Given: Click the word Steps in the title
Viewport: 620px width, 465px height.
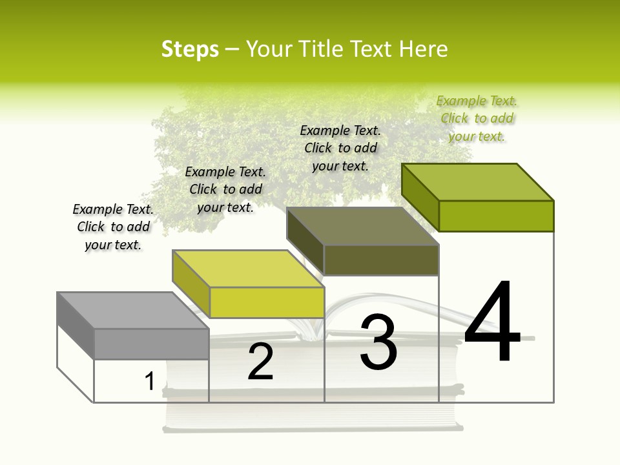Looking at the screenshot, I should pyautogui.click(x=190, y=49).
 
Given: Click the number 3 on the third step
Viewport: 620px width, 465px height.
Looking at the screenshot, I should pyautogui.click(x=378, y=343).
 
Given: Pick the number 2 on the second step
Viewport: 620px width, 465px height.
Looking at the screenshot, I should pyautogui.click(x=260, y=362).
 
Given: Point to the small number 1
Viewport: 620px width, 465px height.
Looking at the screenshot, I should pyautogui.click(x=149, y=382).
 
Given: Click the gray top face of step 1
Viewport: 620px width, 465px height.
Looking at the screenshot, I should pyautogui.click(x=133, y=310).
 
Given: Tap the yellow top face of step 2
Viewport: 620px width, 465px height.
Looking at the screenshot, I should pyautogui.click(x=248, y=269).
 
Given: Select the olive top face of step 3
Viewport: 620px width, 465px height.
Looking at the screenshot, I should pyautogui.click(x=362, y=226).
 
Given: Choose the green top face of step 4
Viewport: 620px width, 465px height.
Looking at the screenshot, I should pyautogui.click(x=478, y=182).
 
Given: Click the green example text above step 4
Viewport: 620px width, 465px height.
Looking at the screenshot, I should pyautogui.click(x=477, y=118).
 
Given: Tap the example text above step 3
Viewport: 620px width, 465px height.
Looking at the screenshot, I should pyautogui.click(x=340, y=148).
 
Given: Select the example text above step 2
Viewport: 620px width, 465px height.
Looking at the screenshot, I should pyautogui.click(x=225, y=189).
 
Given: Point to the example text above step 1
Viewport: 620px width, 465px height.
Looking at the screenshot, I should pyautogui.click(x=113, y=227).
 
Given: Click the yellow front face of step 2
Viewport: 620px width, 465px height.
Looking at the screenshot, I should pyautogui.click(x=267, y=302).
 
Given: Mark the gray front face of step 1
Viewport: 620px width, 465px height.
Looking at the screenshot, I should pyautogui.click(x=152, y=344).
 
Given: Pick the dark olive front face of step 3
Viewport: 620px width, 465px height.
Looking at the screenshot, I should pyautogui.click(x=381, y=260).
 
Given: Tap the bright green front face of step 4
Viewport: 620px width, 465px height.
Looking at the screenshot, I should pyautogui.click(x=496, y=216).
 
